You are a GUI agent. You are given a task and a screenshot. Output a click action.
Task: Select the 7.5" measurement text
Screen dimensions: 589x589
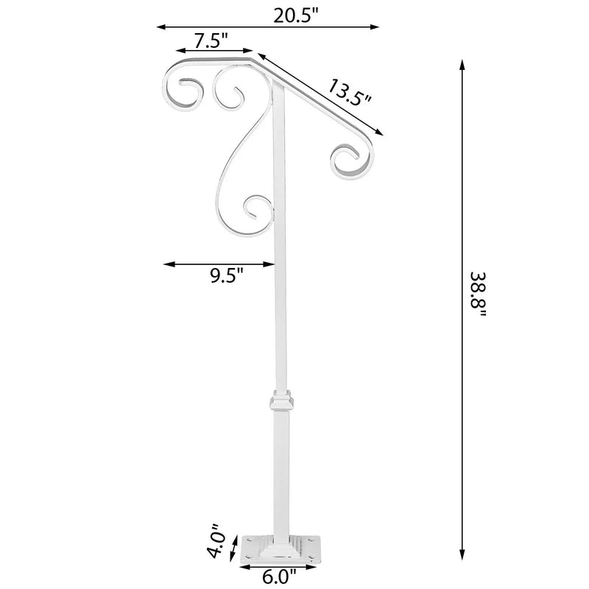210,40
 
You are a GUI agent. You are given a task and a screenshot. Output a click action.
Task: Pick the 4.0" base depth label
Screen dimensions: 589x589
214,540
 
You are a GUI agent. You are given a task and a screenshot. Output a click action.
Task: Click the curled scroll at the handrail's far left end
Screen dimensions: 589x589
181,91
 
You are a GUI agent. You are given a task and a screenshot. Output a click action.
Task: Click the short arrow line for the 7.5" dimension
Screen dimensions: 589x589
214,52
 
